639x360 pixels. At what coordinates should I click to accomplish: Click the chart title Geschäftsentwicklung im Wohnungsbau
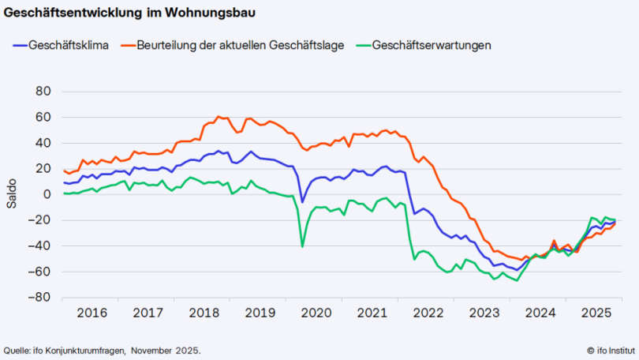(x=129, y=13)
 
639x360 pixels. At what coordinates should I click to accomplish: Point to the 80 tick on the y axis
(x=43, y=92)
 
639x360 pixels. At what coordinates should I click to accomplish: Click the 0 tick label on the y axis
(x=47, y=194)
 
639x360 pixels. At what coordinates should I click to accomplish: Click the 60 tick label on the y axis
(x=43, y=118)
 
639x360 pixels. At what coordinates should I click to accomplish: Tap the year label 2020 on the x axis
(x=316, y=313)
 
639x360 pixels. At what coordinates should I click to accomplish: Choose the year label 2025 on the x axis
(x=596, y=313)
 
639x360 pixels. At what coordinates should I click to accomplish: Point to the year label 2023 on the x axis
(x=484, y=313)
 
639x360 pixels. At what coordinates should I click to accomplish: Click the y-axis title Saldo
(x=12, y=195)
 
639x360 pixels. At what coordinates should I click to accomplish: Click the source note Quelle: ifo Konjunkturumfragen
(x=102, y=350)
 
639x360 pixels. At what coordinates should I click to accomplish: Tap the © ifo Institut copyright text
(x=611, y=350)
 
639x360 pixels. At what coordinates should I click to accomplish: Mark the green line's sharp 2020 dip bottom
(x=302, y=246)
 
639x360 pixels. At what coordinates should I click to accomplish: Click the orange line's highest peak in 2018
(x=219, y=117)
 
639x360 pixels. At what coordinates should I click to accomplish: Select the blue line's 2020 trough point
(x=302, y=202)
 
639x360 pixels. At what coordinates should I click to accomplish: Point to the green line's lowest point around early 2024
(x=518, y=280)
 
